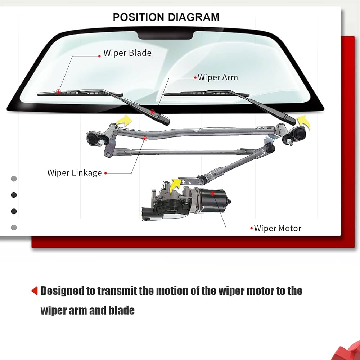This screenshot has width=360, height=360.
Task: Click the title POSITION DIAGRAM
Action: pos(166,17)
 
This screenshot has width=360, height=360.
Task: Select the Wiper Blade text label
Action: pos(127,53)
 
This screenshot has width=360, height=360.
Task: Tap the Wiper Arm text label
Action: pos(218,77)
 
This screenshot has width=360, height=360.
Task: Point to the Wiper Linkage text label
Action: pos(75,173)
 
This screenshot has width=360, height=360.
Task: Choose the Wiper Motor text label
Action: pos(278,228)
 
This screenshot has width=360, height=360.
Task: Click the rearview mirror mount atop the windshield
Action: pos(166,35)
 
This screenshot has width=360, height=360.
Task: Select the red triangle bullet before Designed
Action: pos(35,291)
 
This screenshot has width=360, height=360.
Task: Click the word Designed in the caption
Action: pos(63,291)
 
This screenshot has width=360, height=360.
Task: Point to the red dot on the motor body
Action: pos(213,194)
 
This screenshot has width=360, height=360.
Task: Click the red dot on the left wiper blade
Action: pos(58,91)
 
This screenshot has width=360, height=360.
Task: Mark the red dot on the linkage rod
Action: pos(145,138)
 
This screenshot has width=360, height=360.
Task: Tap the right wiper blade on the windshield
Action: pos(202,93)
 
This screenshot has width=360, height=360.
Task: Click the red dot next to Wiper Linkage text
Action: pos(105,173)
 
